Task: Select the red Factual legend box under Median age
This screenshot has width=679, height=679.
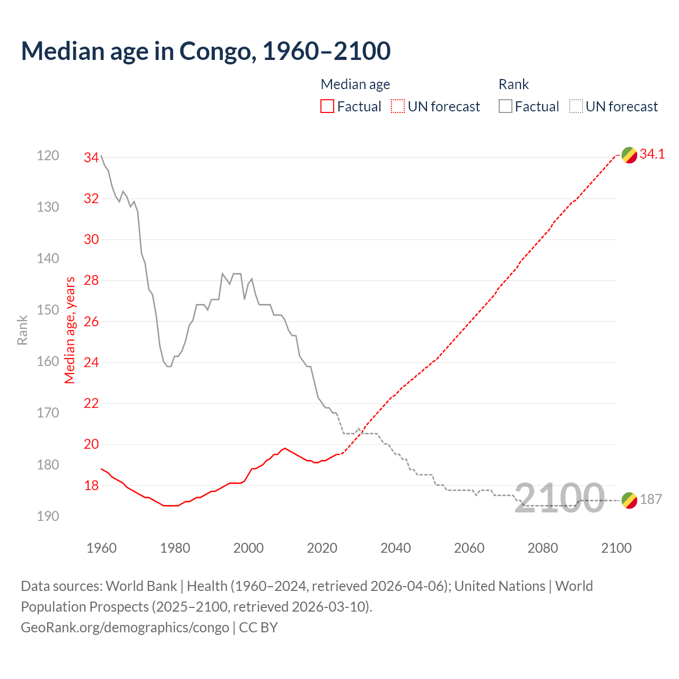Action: click(327, 107)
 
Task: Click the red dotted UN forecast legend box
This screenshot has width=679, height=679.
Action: click(398, 107)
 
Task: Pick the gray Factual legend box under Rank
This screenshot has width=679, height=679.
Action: click(506, 107)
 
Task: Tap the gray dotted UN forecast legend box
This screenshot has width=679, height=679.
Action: click(576, 107)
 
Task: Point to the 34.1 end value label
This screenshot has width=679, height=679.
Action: click(652, 154)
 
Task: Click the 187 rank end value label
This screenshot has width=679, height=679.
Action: click(651, 500)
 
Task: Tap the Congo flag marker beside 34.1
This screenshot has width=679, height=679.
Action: click(629, 155)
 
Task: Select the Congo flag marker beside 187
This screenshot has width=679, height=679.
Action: click(629, 500)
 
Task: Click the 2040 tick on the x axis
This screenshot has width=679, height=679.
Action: click(396, 548)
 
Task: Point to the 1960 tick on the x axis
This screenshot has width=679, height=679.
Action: click(101, 548)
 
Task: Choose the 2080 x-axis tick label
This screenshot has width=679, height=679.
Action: click(543, 548)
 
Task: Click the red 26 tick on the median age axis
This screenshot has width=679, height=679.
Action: click(91, 321)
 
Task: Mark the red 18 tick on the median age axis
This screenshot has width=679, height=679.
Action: click(91, 485)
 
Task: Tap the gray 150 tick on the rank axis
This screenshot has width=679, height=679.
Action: click(48, 310)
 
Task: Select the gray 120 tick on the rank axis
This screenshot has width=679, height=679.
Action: click(48, 156)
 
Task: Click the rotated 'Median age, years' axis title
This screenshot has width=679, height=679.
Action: click(70, 330)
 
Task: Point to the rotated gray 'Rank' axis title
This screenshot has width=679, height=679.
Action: click(22, 330)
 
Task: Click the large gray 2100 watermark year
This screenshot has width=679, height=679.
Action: click(560, 498)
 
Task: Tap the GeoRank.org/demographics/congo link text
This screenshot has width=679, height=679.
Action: click(125, 628)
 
